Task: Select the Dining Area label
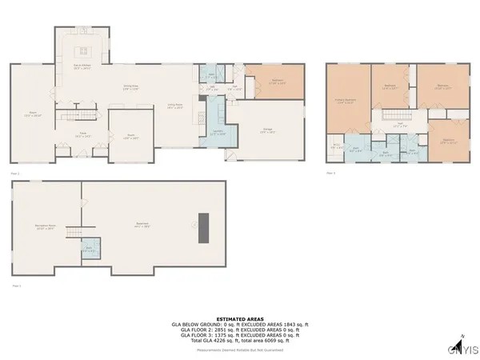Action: [x=131, y=87]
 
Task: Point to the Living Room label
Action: [x=176, y=105]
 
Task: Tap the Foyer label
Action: [x=81, y=135]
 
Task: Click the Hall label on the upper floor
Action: [x=402, y=124]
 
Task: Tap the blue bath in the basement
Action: [x=89, y=249]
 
